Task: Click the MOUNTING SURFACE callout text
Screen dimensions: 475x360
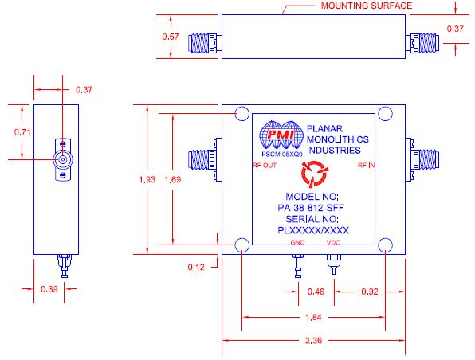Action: click(367, 6)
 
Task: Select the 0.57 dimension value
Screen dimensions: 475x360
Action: click(171, 37)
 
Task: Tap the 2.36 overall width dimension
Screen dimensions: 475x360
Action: click(313, 341)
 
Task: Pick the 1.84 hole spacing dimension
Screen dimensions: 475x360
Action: click(313, 317)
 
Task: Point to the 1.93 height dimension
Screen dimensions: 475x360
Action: click(147, 179)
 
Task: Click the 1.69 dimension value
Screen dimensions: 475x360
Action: click(173, 179)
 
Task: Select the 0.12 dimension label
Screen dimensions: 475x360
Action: click(196, 267)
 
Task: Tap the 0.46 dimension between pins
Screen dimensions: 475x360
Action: click(316, 292)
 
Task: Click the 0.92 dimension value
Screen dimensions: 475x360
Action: click(370, 292)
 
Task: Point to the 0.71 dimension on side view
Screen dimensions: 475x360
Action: click(22, 132)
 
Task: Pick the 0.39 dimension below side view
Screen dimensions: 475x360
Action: click(49, 289)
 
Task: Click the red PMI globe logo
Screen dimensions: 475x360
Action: click(281, 135)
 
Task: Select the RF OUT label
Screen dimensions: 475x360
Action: click(265, 166)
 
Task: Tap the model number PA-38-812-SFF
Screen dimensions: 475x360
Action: click(311, 208)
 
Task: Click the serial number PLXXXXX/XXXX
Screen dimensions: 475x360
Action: click(313, 230)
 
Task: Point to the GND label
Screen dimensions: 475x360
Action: click(297, 242)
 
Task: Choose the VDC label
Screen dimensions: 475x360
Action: click(333, 242)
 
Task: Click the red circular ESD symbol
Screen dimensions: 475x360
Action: click(315, 174)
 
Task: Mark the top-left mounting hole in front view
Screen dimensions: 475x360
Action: click(242, 114)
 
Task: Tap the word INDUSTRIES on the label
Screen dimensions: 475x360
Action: click(334, 151)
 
